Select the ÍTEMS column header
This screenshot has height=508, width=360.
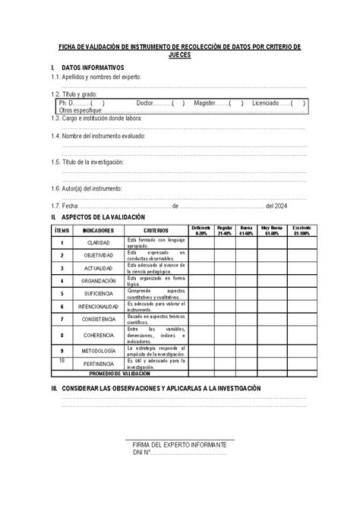(x=61, y=229)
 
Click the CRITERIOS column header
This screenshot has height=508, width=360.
(x=155, y=229)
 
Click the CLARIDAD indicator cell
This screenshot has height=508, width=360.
(x=99, y=242)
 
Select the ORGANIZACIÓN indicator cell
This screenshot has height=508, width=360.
(x=99, y=280)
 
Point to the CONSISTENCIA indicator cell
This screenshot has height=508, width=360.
(x=99, y=319)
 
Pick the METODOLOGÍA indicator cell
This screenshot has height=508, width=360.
(x=99, y=351)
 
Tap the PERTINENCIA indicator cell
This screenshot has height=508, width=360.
(x=99, y=364)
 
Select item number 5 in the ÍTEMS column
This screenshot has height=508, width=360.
(x=61, y=293)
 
